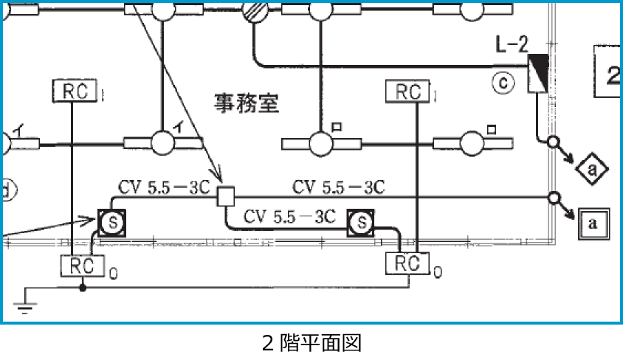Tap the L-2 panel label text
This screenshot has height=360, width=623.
point(512,45)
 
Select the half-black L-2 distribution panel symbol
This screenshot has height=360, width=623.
point(537,73)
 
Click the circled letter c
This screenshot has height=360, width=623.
point(502,84)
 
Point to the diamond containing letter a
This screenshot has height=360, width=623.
point(591,170)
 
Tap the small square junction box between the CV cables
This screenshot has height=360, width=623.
point(226,195)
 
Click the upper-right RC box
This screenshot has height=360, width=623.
point(407,91)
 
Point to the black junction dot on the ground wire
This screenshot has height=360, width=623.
point(82,287)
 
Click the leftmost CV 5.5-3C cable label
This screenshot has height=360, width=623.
point(165,187)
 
